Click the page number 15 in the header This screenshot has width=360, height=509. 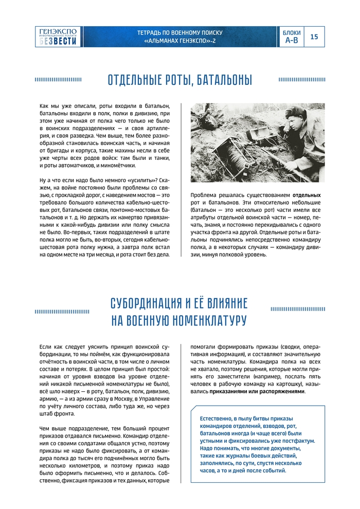(314, 37)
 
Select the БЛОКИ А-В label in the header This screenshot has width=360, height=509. (292, 37)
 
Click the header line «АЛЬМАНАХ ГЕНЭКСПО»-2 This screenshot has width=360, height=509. (179, 41)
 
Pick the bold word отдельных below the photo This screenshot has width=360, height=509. (307, 196)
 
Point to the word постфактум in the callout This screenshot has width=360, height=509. (298, 441)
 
